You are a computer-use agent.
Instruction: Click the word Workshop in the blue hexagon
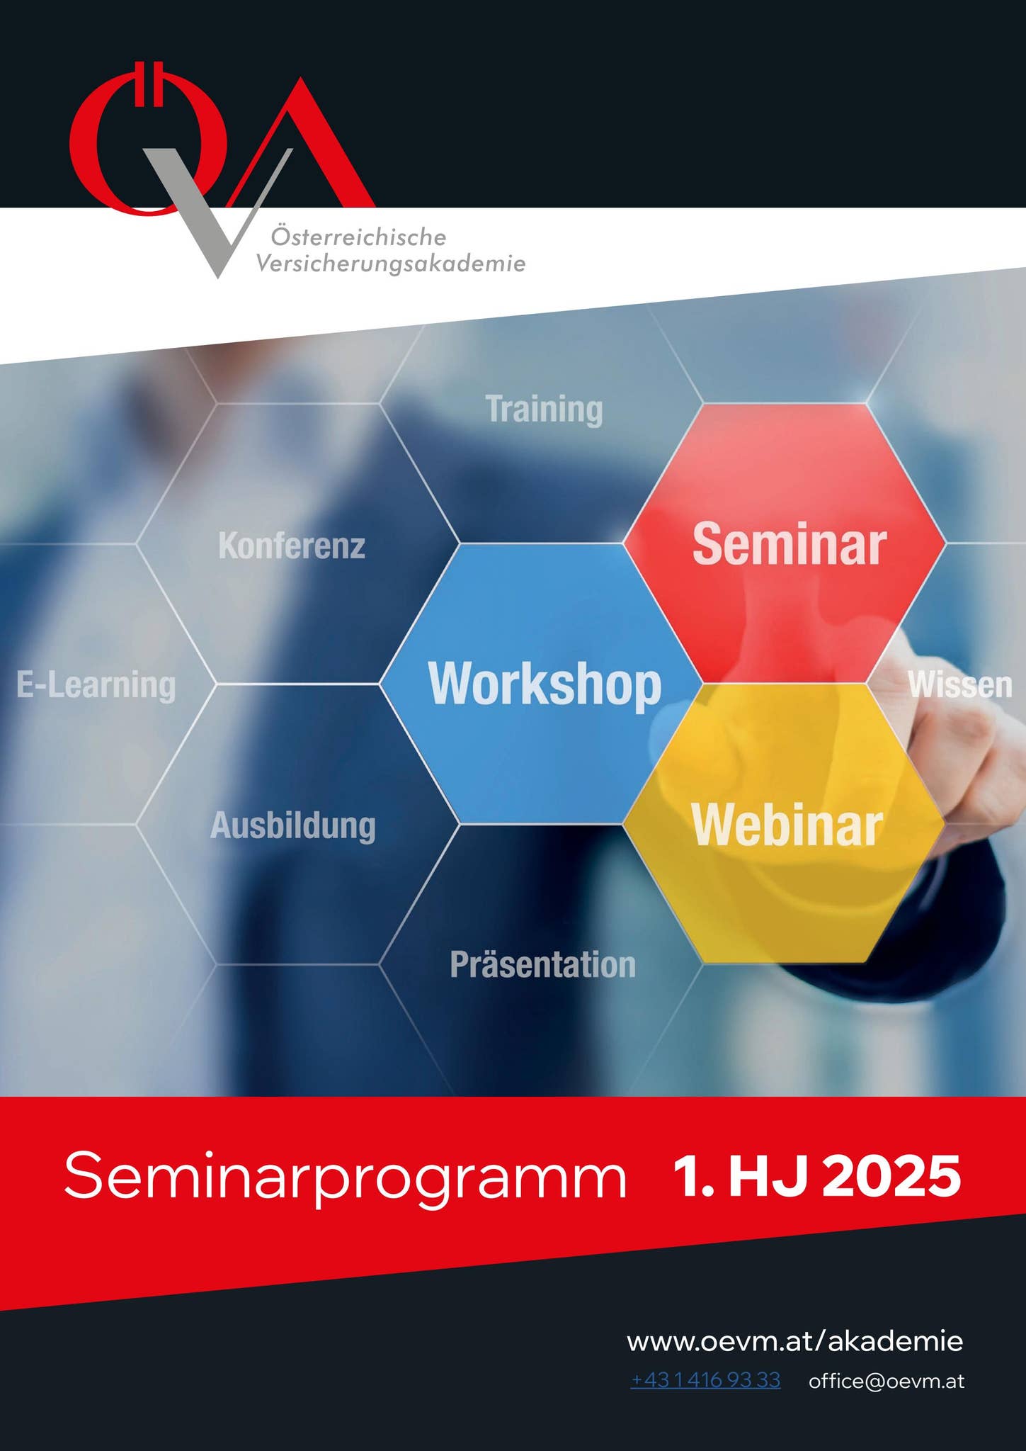point(545,684)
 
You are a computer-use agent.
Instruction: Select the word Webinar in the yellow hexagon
point(787,825)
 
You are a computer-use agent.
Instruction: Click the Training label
point(544,410)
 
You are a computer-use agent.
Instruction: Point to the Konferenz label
point(292,546)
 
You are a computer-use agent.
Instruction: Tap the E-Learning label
point(96,685)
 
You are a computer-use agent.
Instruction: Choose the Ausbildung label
point(293,826)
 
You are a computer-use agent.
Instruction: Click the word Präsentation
point(543,965)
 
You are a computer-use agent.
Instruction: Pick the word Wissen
point(959,685)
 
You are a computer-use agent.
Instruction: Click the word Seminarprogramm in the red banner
point(345,1177)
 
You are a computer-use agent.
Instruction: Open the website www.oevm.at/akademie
point(794,1341)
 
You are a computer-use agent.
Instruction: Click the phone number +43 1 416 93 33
point(705,1380)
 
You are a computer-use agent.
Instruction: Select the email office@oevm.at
point(887,1381)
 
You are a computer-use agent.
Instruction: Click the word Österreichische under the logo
point(358,237)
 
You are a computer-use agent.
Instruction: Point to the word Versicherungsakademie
point(391,264)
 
